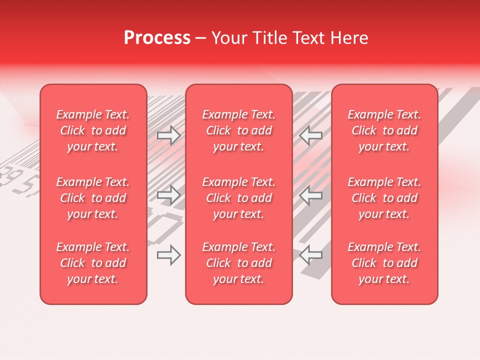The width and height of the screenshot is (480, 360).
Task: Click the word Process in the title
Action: (x=157, y=38)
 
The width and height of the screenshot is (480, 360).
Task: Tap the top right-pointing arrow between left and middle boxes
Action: (x=168, y=135)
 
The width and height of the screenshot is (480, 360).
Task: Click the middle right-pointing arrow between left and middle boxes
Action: (x=168, y=195)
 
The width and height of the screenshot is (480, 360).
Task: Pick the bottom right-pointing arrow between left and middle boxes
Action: (x=168, y=255)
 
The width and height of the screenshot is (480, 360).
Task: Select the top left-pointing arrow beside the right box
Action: (x=310, y=135)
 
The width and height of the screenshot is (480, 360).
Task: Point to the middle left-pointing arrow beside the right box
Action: (x=310, y=195)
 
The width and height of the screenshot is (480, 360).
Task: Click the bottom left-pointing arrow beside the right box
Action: (x=310, y=255)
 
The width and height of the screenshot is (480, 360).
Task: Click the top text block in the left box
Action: (x=93, y=130)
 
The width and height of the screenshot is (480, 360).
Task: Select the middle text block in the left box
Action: (x=93, y=198)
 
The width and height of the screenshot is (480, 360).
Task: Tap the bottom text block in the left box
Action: (x=93, y=263)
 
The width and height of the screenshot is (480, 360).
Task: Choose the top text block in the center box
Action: (x=238, y=130)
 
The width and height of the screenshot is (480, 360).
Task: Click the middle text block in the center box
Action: (x=238, y=198)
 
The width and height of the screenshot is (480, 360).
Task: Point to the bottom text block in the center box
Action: (x=238, y=263)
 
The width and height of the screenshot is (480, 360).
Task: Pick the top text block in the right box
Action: (x=384, y=130)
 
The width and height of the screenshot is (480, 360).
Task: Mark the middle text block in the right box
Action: (x=384, y=198)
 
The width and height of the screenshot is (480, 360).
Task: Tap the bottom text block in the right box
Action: (x=384, y=263)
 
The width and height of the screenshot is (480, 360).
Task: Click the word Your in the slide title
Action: (x=227, y=38)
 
